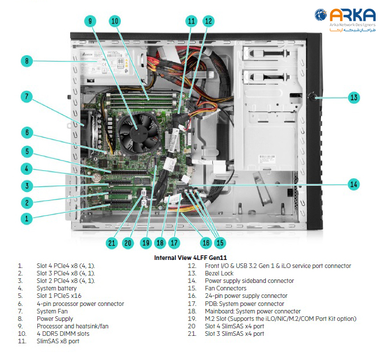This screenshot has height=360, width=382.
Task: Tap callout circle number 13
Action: click(354, 97)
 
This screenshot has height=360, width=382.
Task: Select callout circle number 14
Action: click(354, 184)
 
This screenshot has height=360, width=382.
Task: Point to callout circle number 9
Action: click(90, 21)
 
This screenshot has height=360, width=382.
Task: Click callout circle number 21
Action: click(112, 243)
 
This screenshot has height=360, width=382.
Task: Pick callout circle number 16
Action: click(205, 243)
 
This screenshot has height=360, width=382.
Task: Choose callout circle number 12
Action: click(208, 21)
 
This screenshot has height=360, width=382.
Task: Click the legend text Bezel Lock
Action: click(219, 273)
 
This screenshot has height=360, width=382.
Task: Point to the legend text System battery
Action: click(56, 288)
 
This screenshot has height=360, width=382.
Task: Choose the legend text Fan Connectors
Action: click(225, 288)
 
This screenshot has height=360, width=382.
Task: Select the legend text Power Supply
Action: click(55, 318)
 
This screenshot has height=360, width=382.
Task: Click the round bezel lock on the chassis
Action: click(315, 97)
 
